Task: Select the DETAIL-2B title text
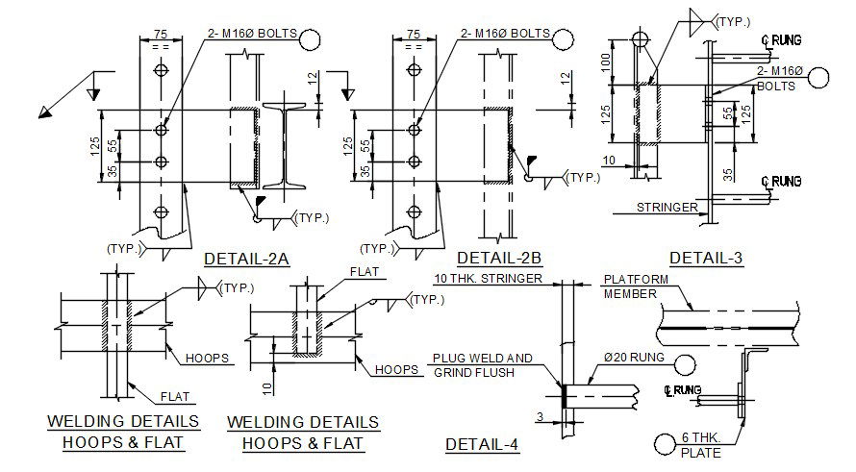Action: tap(499, 258)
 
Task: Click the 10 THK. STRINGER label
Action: tap(489, 279)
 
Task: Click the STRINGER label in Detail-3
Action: tap(667, 207)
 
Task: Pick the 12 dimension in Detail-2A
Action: tap(313, 80)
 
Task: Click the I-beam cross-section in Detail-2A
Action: tap(286, 144)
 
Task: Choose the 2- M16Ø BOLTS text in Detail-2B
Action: tap(505, 34)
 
